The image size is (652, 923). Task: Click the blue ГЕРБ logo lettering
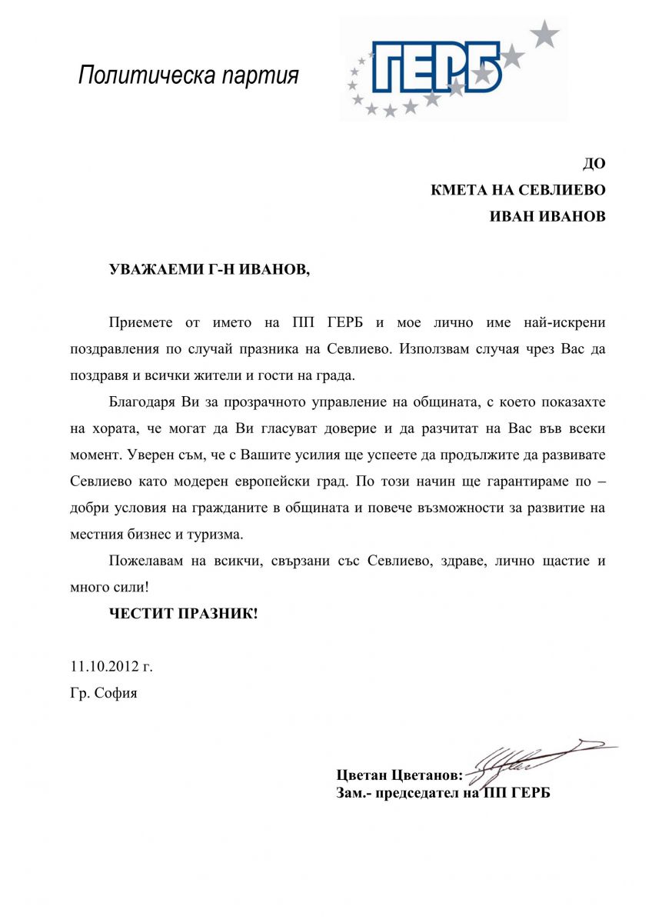(x=435, y=67)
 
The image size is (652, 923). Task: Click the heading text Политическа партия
(x=188, y=75)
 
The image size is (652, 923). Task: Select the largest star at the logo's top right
(x=547, y=32)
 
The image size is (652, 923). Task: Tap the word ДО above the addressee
(x=594, y=163)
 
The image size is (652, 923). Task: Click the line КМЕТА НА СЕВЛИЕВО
(x=518, y=190)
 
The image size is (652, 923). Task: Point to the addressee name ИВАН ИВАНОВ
(x=547, y=217)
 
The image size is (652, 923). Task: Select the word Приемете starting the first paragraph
(x=138, y=321)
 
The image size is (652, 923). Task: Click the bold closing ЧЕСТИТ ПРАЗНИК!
(x=183, y=614)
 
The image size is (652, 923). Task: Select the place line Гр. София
(x=104, y=693)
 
